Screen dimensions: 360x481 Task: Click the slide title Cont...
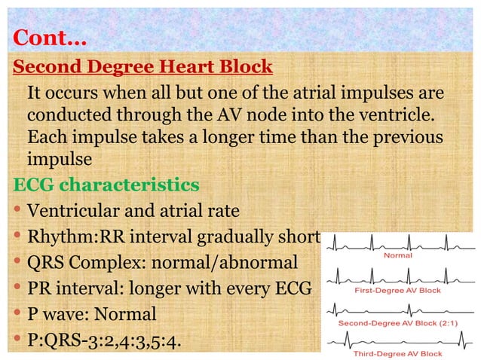[51, 36]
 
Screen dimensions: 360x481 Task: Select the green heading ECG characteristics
[106, 184]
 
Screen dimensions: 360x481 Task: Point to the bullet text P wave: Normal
[91, 313]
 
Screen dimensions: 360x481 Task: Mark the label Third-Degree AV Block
[397, 353]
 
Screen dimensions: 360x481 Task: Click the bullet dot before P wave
[17, 313]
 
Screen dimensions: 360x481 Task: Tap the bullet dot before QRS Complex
[17, 262]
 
